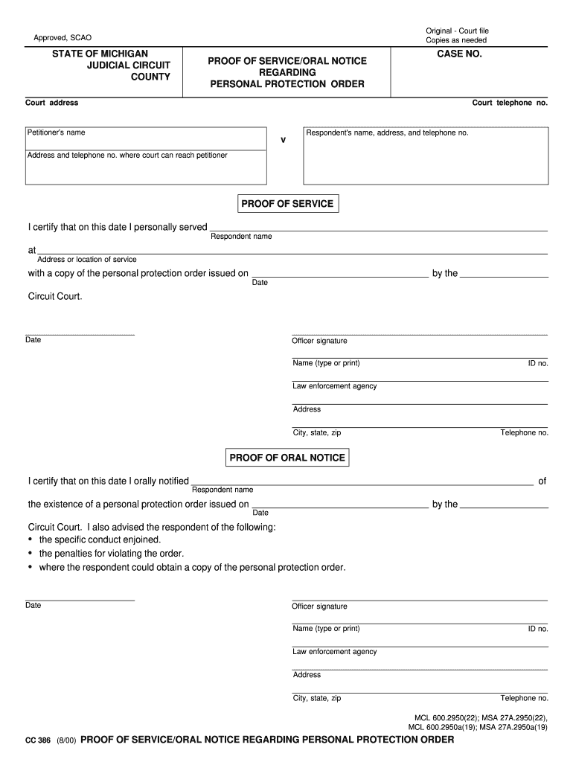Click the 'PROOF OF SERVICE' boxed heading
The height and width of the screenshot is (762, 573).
click(286, 203)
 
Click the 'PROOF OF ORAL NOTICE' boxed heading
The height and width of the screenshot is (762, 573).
click(287, 458)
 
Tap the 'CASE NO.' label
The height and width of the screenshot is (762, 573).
click(455, 54)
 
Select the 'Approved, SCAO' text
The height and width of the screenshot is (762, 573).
click(63, 37)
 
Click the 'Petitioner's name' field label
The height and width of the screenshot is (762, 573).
click(57, 133)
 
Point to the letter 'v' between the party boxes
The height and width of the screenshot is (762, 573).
click(283, 139)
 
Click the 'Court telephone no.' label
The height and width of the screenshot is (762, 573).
click(510, 103)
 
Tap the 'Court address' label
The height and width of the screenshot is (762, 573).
click(51, 103)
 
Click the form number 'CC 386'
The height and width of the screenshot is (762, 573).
click(36, 742)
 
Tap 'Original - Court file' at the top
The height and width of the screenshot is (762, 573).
click(457, 31)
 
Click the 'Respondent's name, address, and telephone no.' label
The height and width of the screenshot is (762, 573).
click(387, 132)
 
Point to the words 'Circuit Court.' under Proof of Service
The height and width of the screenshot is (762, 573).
click(55, 296)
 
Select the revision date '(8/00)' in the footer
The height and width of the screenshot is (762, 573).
click(65, 742)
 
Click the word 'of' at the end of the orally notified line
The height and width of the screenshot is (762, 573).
click(542, 481)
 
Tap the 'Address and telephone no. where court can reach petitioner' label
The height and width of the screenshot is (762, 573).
click(127, 156)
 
